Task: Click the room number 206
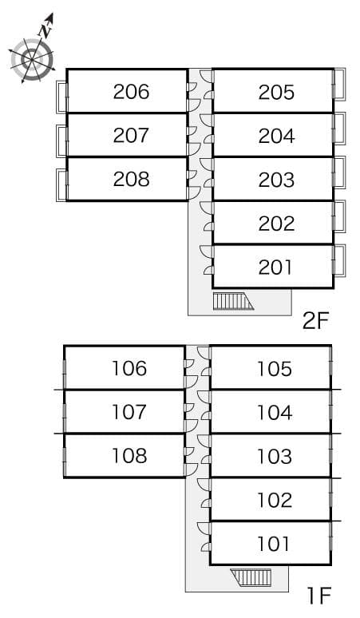(131, 92)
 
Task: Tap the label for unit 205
(276, 93)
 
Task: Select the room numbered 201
(275, 267)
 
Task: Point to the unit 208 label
(131, 179)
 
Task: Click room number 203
(276, 180)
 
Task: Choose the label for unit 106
(129, 369)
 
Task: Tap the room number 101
(274, 545)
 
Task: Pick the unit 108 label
(129, 456)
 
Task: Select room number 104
(275, 413)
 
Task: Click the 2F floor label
(316, 321)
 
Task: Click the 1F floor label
(318, 595)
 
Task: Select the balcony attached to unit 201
(339, 263)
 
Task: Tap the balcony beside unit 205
(339, 85)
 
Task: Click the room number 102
(275, 501)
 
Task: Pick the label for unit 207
(131, 136)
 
